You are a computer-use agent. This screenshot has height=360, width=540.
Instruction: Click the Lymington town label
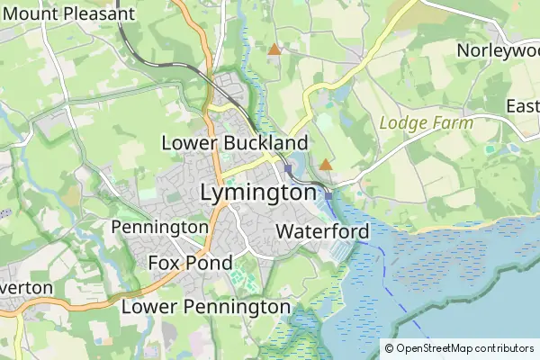click(258, 193)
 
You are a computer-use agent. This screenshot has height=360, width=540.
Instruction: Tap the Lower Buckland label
click(234, 143)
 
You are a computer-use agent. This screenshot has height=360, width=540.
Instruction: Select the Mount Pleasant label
click(69, 13)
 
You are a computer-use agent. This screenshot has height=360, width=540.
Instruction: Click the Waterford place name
click(322, 232)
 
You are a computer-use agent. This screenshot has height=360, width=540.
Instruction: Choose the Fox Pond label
click(189, 264)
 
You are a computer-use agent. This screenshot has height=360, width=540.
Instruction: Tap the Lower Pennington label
click(205, 307)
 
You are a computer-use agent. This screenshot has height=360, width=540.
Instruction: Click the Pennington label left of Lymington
click(159, 227)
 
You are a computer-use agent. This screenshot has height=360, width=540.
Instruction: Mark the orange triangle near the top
click(274, 49)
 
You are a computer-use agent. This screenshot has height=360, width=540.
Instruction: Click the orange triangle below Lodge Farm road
click(325, 164)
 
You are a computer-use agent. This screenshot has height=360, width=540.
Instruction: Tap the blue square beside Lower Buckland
click(288, 168)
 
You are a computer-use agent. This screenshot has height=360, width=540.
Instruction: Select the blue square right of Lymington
click(329, 195)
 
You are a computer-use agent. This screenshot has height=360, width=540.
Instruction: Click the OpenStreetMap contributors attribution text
click(464, 348)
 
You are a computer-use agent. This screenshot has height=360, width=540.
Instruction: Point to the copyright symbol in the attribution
click(389, 348)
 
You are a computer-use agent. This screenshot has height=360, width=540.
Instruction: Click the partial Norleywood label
click(498, 50)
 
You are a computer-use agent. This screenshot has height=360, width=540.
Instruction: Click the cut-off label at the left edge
click(25, 288)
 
